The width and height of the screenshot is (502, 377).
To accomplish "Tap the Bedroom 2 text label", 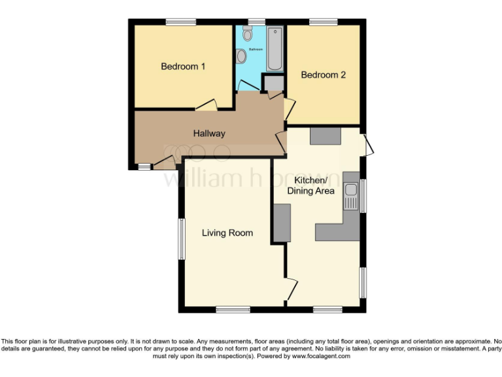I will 323,75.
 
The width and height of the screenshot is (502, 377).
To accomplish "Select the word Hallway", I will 209,134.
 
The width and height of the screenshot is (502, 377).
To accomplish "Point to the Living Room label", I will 227,233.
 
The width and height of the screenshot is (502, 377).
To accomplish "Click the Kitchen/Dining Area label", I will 314,185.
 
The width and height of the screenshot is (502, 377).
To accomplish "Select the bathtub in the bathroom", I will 275,49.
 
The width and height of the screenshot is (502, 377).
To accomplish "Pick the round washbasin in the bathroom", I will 242,57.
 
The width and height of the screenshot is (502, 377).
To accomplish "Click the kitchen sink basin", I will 351,190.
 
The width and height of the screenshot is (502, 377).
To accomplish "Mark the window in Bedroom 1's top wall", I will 181,22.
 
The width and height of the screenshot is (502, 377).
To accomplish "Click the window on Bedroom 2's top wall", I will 323,22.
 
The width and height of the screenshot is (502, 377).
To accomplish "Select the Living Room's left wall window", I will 181,239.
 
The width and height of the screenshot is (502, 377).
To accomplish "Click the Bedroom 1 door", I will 208,104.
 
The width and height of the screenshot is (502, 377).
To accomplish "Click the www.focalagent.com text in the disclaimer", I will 321,357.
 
